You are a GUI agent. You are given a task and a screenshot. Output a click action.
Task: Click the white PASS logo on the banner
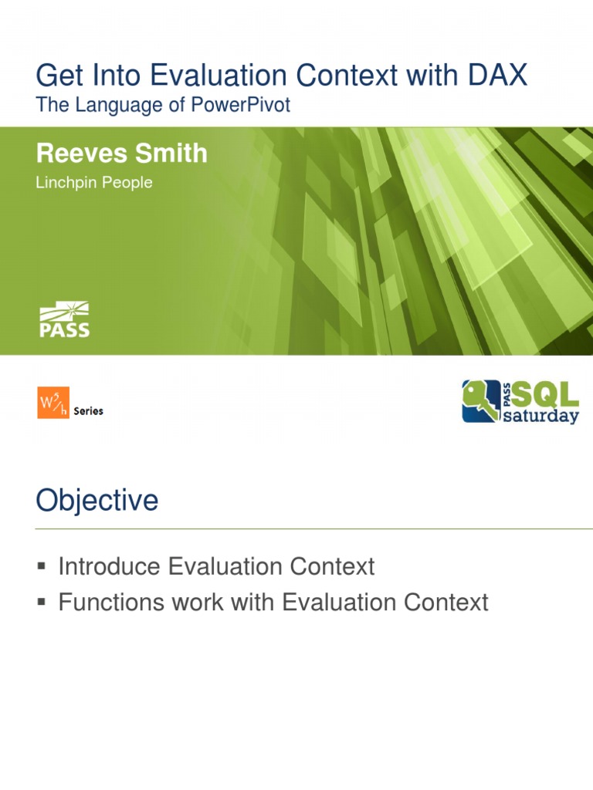tap(64, 321)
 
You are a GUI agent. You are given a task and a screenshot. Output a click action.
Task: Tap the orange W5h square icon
tap(53, 403)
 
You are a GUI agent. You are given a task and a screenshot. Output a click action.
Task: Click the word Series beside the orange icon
tap(88, 411)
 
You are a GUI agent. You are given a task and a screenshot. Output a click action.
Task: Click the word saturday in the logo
tap(541, 417)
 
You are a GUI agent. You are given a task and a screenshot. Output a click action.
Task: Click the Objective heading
tap(97, 501)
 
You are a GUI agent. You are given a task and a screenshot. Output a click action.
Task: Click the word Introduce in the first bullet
tap(107, 566)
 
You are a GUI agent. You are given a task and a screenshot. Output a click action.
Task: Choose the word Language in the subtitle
tap(113, 105)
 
